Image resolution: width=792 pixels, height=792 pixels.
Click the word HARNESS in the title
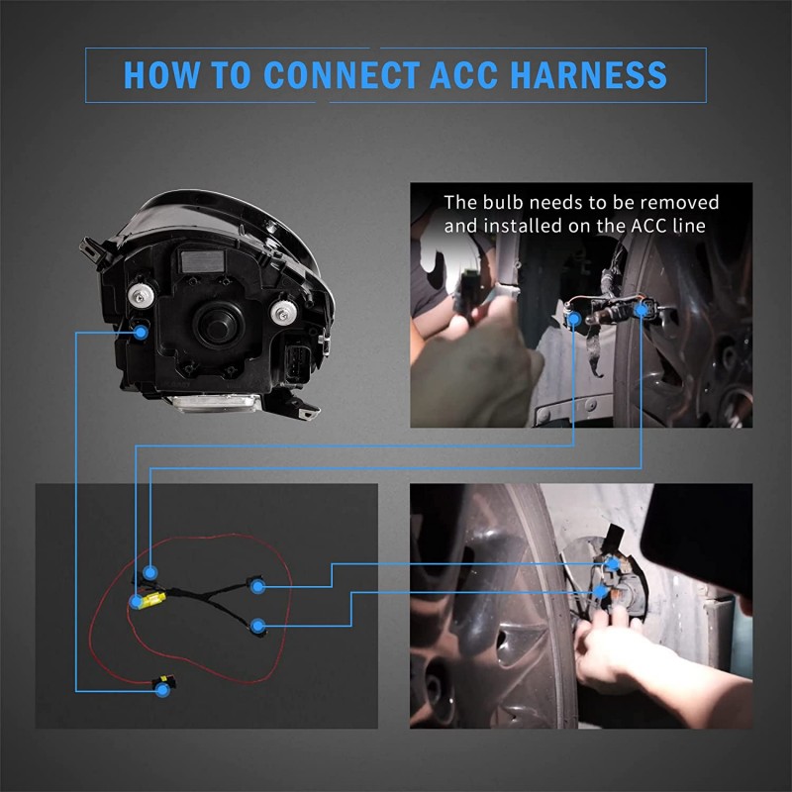(x=588, y=75)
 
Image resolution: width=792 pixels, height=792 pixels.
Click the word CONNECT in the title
(x=342, y=75)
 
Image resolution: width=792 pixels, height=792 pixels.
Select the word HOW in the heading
(x=161, y=75)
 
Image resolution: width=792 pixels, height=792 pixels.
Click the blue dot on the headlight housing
(x=142, y=332)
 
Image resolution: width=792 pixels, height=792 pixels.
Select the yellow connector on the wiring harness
(x=153, y=600)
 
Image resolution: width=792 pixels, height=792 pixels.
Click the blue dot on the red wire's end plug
(x=162, y=690)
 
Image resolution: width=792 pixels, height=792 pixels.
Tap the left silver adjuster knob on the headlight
(x=141, y=295)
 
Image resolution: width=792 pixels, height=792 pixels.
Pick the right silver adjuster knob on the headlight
(x=282, y=312)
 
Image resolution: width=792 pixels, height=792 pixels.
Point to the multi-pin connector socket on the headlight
(x=297, y=363)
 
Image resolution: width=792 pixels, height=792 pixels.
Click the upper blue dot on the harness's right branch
(x=258, y=586)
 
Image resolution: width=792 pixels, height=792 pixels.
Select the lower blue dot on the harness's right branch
(x=258, y=627)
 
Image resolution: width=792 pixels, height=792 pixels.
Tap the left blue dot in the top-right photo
(x=574, y=318)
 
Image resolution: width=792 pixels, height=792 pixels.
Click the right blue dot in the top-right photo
(x=642, y=309)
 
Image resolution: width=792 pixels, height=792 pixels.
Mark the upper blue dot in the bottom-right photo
(x=613, y=563)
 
